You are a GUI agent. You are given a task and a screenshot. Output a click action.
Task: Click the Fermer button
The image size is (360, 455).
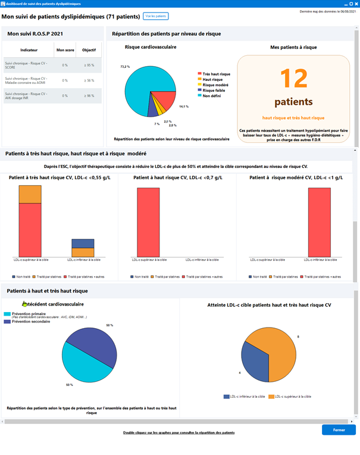tap(339, 429)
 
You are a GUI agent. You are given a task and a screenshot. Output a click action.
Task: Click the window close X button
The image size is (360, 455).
tap(355, 4)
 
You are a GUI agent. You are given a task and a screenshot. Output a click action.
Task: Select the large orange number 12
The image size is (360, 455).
tap(293, 79)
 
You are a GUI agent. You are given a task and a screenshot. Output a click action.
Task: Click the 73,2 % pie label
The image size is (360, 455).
tap(125, 67)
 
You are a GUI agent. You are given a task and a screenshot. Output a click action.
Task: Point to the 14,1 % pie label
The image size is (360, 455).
tap(184, 107)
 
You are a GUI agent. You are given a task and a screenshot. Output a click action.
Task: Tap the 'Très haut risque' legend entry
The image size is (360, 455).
tap(216, 74)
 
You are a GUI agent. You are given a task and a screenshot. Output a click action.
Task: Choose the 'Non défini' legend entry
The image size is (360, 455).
tap(212, 95)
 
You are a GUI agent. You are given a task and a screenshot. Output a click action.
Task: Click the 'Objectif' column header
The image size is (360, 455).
tap(89, 50)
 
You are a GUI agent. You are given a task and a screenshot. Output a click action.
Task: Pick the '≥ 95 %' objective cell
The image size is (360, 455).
tap(89, 66)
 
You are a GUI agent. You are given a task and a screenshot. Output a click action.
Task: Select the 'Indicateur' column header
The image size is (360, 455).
tap(29, 50)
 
